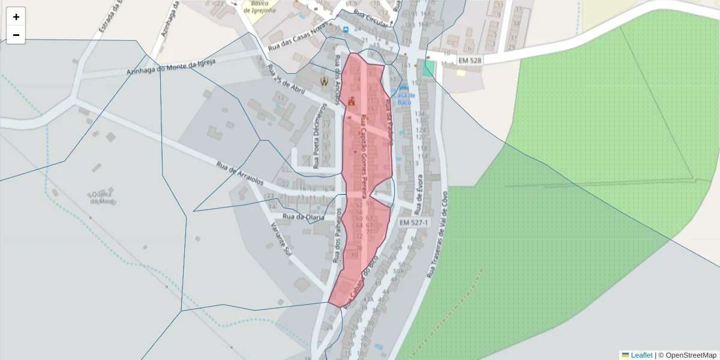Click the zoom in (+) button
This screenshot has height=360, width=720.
pos(16,17)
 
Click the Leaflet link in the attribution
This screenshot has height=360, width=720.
pos(641,355)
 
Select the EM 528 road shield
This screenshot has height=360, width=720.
pos(470,61)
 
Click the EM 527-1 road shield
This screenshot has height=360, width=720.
pos(413,223)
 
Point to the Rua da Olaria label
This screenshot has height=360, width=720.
pos(304,217)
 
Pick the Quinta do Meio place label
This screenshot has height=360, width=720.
pos(103,197)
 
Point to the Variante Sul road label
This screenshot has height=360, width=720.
pos(280,239)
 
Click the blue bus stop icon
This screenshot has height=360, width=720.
pos(346,29)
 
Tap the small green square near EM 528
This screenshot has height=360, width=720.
pos(428,68)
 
